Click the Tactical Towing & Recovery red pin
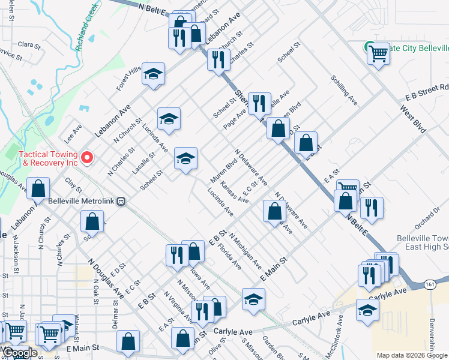coord(87,158)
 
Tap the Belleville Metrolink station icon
coord(121,201)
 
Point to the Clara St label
coord(29,44)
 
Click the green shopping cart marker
coord(369,46)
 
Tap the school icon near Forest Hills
coord(153,74)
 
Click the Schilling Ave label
coord(344,91)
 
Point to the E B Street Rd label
coord(427,92)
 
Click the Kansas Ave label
coord(234,193)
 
